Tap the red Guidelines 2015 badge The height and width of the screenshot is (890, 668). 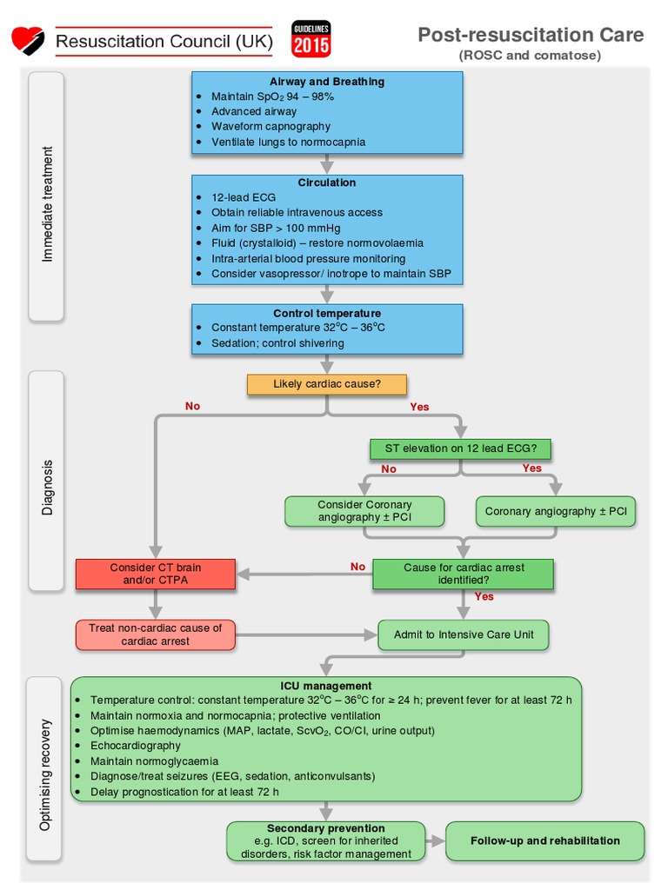coord(311,40)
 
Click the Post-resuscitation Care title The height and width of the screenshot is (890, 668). coord(531,35)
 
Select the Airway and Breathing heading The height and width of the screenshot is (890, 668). coord(326,82)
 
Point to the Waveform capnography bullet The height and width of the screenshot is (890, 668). coord(271,126)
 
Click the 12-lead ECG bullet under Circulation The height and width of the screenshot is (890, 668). coord(243,197)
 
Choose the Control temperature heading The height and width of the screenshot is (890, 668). coord(326,313)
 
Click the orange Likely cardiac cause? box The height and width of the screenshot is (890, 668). coord(326,383)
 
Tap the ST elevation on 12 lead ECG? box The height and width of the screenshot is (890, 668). coord(460,449)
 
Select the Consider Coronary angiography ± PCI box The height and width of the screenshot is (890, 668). coord(364,511)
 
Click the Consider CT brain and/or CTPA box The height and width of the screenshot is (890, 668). coord(155,574)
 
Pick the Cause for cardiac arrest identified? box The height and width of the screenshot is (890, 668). coord(463,574)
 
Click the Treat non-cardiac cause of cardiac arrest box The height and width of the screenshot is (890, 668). coord(155,634)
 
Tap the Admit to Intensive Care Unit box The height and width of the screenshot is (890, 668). coord(463,634)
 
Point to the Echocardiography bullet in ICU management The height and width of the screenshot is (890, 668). coord(136,746)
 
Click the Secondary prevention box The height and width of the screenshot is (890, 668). coord(326,840)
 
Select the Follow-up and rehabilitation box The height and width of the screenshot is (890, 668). coord(544,840)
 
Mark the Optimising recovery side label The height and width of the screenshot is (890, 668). coord(47,774)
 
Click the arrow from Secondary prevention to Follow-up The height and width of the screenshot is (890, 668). coord(436,841)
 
